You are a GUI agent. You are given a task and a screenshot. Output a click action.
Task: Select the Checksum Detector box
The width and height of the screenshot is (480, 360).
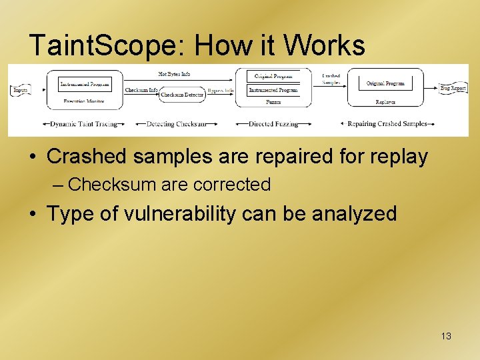182,95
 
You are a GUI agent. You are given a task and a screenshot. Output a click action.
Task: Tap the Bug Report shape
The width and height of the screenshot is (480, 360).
453,88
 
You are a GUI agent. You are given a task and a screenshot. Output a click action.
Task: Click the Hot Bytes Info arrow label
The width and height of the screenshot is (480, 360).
174,74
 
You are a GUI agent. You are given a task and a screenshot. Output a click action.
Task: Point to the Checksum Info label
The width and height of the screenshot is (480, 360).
142,89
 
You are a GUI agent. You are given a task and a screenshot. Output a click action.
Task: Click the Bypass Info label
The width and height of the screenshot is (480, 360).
220,90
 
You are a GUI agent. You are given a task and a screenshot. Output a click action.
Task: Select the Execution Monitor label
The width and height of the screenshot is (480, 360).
84,101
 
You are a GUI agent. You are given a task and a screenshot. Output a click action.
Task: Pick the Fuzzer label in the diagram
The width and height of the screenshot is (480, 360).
273,102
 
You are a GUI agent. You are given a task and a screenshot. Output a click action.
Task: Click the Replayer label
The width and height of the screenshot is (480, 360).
385,102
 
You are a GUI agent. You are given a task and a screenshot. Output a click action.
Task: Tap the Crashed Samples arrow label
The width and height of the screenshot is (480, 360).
331,79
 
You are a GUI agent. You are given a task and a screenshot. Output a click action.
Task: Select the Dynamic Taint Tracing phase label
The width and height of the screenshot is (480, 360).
84,124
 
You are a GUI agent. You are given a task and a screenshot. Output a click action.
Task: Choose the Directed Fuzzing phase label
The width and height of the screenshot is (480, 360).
273,124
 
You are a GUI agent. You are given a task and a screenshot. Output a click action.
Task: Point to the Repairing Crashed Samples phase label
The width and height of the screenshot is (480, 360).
387,124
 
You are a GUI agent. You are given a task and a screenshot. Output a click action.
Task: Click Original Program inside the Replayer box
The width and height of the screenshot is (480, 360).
385,84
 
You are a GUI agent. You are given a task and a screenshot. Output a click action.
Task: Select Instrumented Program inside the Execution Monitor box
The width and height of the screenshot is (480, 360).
84,84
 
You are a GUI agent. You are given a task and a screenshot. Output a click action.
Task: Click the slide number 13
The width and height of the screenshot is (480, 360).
446,336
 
